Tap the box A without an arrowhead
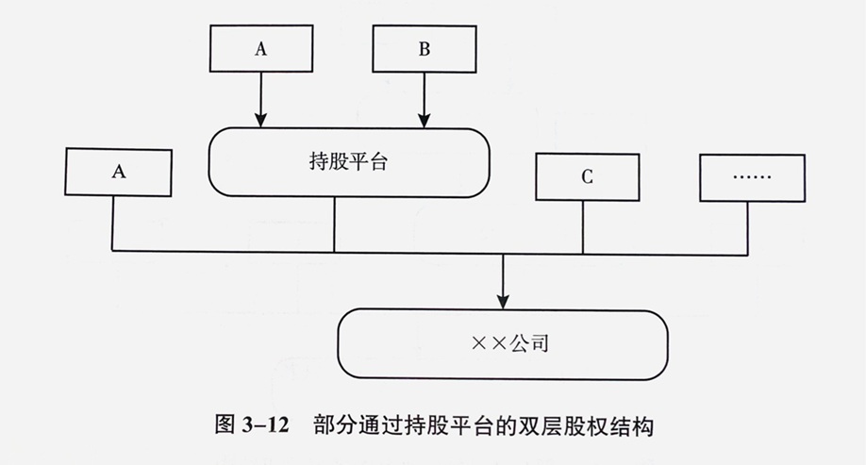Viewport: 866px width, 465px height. tap(119, 172)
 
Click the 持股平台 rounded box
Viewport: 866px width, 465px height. tap(349, 163)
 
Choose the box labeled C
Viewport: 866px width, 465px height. tap(587, 177)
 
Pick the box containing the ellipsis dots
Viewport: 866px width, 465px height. tap(752, 177)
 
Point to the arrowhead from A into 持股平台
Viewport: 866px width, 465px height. tap(260, 120)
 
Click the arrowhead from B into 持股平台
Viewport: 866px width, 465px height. tap(424, 120)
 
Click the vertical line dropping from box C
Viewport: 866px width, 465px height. tap(583, 227)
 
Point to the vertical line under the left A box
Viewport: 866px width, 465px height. tap(113, 224)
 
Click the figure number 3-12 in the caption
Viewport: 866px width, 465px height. tap(266, 425)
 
